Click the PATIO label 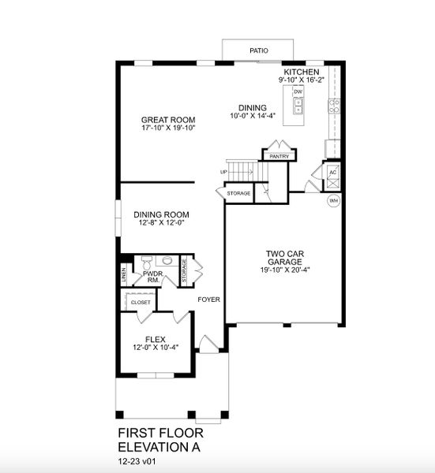click(x=259, y=50)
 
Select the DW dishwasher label click(x=298, y=92)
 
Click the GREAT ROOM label click(x=168, y=120)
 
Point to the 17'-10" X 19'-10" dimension click(x=168, y=128)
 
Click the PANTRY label click(x=279, y=156)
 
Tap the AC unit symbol click(x=333, y=173)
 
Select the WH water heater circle click(x=333, y=200)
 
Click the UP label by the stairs click(x=224, y=172)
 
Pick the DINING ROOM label click(x=162, y=214)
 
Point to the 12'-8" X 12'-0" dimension click(x=162, y=222)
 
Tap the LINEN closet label click(x=124, y=275)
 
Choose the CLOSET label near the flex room click(x=141, y=301)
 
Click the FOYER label click(x=209, y=300)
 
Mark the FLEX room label click(x=156, y=339)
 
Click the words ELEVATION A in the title click(x=159, y=446)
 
